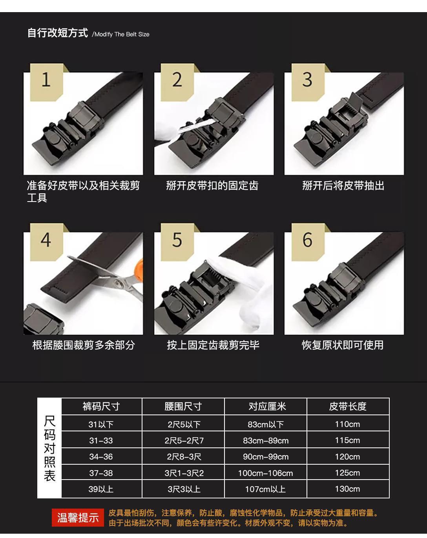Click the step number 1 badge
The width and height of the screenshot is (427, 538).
pyautogui.click(x=47, y=82)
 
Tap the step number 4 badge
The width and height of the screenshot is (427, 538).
pyautogui.click(x=47, y=242)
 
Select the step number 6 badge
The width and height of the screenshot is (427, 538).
pyautogui.click(x=308, y=242)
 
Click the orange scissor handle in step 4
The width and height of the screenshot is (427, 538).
pyautogui.click(x=139, y=268)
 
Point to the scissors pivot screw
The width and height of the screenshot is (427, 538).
pyautogui.click(x=118, y=283)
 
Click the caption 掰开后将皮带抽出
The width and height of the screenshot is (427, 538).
pyautogui.click(x=343, y=185)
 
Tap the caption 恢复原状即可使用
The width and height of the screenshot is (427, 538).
pyautogui.click(x=343, y=345)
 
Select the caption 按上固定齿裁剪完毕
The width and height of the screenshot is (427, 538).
pyautogui.click(x=213, y=345)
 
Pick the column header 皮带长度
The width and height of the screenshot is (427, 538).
pyautogui.click(x=348, y=407)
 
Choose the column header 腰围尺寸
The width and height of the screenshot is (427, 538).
pyautogui.click(x=183, y=407)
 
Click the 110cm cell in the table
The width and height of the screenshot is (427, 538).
pyautogui.click(x=348, y=424)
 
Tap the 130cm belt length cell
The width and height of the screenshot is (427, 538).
pyautogui.click(x=348, y=489)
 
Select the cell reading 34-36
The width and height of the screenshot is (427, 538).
pyautogui.click(x=101, y=457)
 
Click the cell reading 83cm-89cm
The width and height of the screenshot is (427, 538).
pyautogui.click(x=266, y=440)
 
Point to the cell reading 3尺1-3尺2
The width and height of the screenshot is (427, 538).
pyautogui.click(x=184, y=473)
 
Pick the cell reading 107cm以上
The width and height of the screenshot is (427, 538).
pyautogui.click(x=266, y=489)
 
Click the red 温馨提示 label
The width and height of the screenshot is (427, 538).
pyautogui.click(x=78, y=518)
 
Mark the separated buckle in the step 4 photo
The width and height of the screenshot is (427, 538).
pyautogui.click(x=43, y=319)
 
